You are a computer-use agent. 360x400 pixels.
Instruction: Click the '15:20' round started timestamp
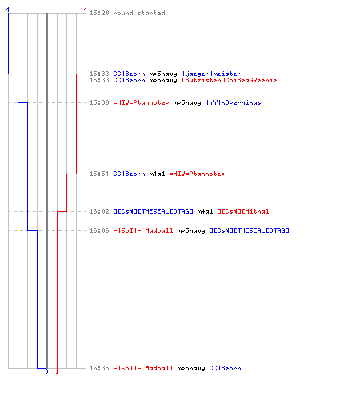99,13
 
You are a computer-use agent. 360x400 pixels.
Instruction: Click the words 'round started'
139,13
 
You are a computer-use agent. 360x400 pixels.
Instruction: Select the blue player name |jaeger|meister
211,74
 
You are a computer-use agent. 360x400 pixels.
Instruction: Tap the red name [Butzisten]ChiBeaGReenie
230,80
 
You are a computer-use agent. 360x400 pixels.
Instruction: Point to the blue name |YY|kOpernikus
234,102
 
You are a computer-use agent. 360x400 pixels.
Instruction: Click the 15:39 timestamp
99,102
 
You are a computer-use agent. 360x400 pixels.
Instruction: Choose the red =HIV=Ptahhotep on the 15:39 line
141,102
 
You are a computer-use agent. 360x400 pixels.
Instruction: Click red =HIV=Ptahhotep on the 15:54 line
197,174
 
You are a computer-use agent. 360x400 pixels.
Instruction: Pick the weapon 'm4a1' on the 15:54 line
157,174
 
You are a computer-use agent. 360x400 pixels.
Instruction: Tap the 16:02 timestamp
99,211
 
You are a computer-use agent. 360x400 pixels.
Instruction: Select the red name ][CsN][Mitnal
243,211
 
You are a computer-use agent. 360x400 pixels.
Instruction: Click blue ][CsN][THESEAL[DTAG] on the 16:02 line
154,211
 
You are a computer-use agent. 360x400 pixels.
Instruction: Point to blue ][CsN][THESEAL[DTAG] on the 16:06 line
250,230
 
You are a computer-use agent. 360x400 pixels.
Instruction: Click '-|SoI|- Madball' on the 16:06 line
143,230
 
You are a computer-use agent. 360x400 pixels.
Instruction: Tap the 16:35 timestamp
99,368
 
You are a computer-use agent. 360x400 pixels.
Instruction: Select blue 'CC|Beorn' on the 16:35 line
225,368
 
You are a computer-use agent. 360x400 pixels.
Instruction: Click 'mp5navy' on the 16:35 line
191,368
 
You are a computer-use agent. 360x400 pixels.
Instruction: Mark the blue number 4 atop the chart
8,10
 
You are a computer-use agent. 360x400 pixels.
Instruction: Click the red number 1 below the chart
57,371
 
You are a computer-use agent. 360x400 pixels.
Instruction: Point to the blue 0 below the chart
47,371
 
